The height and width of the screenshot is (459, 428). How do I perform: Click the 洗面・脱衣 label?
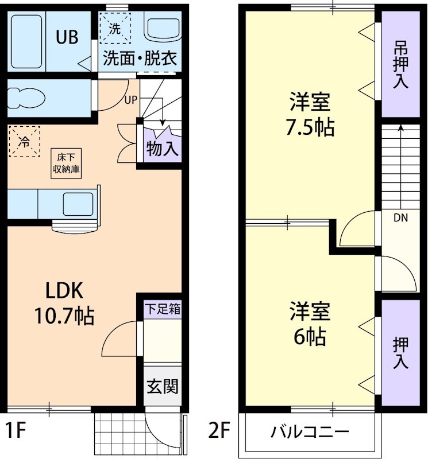pyautogui.click(x=140, y=58)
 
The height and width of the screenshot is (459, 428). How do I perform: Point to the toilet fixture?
pyautogui.click(x=26, y=98)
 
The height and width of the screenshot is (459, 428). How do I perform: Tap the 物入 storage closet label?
pyautogui.click(x=162, y=149)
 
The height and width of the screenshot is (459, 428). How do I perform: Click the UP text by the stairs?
pyautogui.click(x=131, y=99)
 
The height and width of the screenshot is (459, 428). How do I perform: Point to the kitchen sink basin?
pyautogui.click(x=78, y=204)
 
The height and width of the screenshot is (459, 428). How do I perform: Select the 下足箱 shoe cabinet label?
pyautogui.click(x=162, y=308)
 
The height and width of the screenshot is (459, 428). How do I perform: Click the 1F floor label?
pyautogui.click(x=17, y=430)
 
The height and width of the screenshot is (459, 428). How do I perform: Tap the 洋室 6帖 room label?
pyautogui.click(x=310, y=324)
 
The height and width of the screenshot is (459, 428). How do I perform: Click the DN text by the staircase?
pyautogui.click(x=401, y=217)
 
